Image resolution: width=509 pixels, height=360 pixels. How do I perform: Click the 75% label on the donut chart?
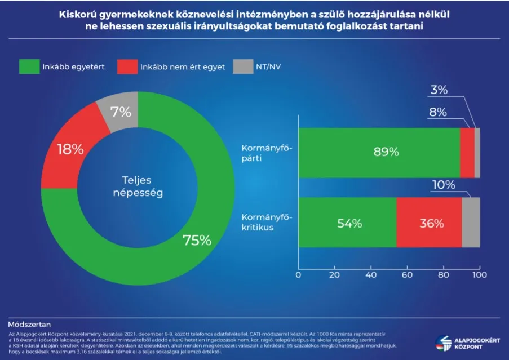[196, 240]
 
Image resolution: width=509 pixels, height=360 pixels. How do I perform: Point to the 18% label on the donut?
[70, 149]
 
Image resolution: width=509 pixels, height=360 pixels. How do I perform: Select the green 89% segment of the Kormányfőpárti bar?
[379, 153]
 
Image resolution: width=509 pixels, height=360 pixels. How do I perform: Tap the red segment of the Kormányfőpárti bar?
[467, 153]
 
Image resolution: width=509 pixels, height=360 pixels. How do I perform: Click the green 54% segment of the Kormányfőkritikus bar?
[347, 223]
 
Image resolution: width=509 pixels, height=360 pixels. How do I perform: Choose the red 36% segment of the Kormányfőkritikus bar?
[429, 223]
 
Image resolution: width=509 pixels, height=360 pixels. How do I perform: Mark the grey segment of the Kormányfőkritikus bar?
[471, 223]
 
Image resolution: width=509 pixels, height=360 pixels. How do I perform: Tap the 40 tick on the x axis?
[370, 275]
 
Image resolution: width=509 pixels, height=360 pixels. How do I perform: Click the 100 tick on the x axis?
[479, 275]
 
